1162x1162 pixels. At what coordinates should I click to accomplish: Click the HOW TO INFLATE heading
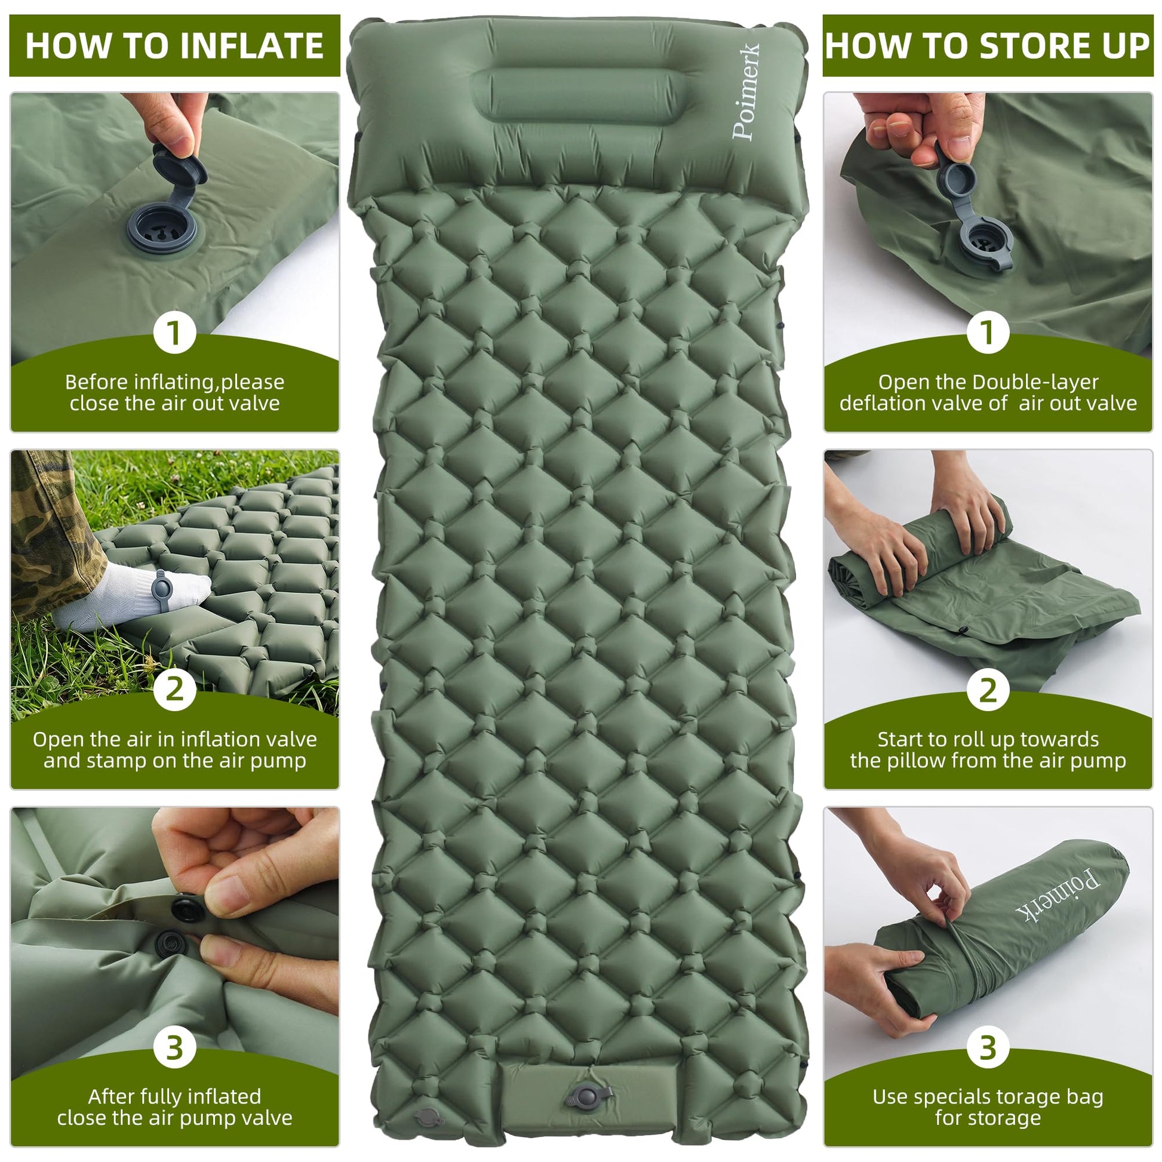coord(174,46)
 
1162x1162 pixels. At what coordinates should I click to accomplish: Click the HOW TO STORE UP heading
coord(988,46)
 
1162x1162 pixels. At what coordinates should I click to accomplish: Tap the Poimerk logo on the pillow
coord(746,91)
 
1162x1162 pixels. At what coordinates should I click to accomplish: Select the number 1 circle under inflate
coord(174,333)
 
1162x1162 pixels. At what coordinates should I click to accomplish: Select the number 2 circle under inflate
coord(174,689)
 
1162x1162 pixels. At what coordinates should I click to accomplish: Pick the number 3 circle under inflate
coord(174,1047)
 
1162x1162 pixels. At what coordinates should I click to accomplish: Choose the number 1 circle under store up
coord(988,333)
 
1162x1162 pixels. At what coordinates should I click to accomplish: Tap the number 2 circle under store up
coord(988,689)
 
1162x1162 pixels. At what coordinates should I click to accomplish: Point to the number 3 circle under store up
coord(988,1047)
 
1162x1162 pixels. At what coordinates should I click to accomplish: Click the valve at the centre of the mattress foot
coord(588,1096)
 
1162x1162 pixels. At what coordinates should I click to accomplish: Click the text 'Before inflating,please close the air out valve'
coord(174,392)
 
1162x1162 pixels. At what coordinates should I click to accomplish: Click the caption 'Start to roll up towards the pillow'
coord(988,749)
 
